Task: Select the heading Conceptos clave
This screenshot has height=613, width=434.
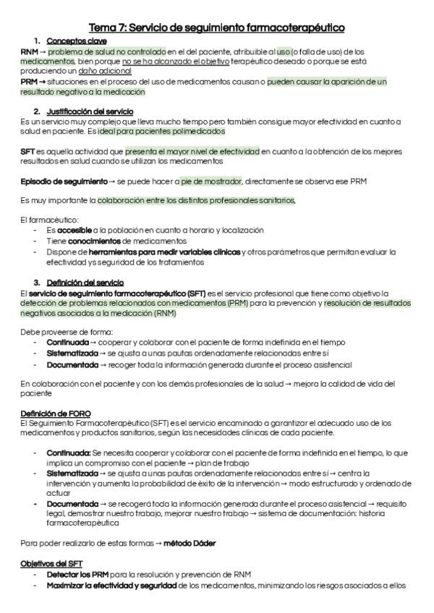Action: point(71,41)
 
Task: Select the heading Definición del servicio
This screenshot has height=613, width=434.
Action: point(85,282)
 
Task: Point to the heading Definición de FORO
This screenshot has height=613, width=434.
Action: point(56,413)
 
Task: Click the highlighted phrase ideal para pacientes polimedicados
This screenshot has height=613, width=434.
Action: point(167,132)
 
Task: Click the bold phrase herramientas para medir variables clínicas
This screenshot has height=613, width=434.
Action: point(166,252)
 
